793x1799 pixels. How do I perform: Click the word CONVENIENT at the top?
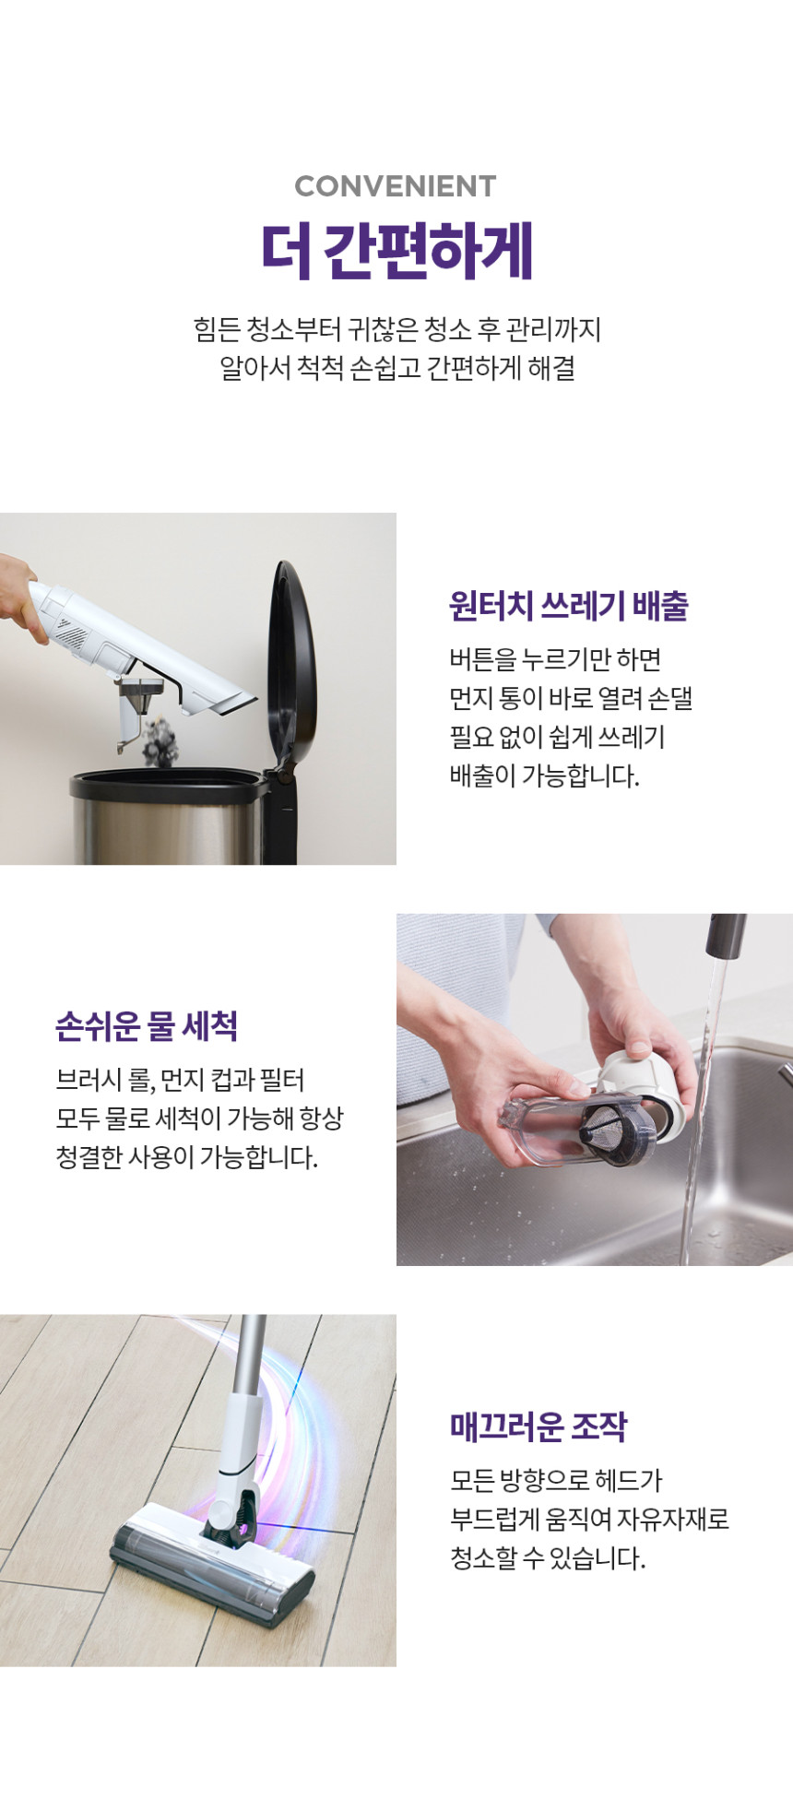[x=396, y=186]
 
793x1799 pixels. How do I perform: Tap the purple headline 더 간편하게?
[x=397, y=251]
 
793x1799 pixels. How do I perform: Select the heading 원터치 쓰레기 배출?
[x=569, y=606]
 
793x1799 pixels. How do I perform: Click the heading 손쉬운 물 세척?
[x=147, y=1025]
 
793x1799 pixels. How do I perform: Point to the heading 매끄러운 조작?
[x=539, y=1426]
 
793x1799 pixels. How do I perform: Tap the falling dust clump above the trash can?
[x=160, y=740]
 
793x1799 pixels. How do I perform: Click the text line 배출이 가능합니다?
[x=544, y=775]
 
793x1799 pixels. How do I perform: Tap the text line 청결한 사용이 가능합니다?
[x=186, y=1156]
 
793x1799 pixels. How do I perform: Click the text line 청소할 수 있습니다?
[x=548, y=1557]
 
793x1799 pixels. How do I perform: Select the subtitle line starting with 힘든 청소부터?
[x=397, y=329]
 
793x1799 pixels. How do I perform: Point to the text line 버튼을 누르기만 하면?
[x=555, y=659]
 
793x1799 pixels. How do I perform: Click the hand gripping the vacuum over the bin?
[x=18, y=595]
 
